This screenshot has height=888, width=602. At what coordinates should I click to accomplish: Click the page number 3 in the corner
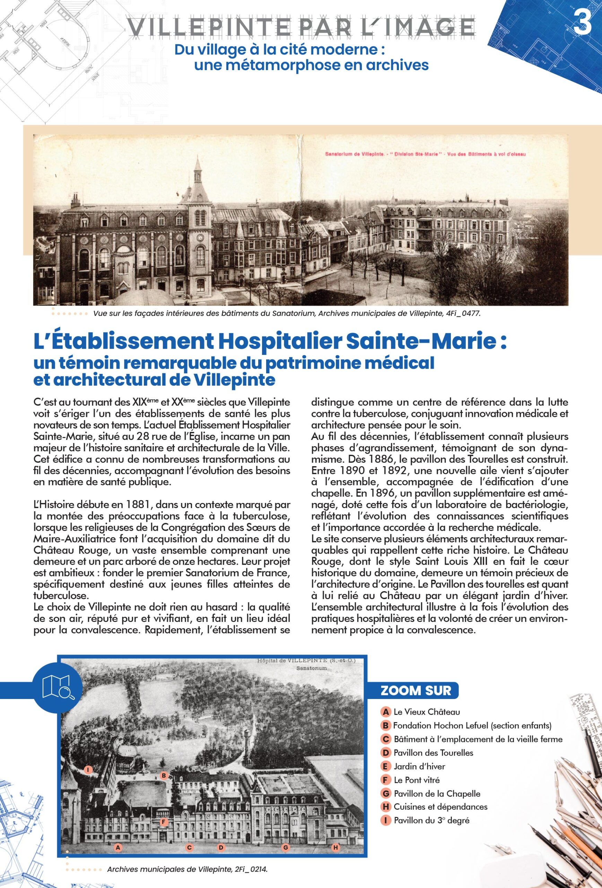[583, 23]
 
